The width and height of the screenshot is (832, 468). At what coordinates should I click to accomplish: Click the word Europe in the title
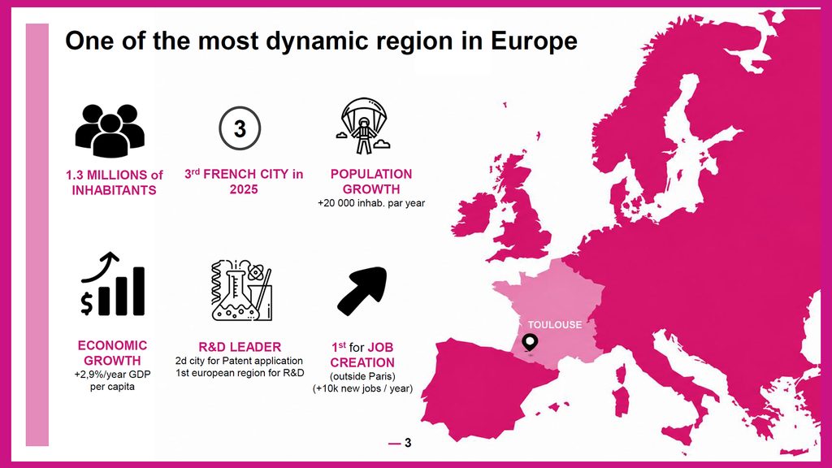[x=534, y=41]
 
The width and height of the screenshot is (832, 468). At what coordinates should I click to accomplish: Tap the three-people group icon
[x=110, y=131]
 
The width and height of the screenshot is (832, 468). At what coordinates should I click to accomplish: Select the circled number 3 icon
[x=240, y=128]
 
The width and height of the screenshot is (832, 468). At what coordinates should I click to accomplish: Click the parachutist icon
[x=363, y=126]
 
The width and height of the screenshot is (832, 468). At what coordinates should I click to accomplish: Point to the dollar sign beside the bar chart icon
[x=86, y=304]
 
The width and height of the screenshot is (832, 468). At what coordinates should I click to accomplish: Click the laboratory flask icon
[x=242, y=290]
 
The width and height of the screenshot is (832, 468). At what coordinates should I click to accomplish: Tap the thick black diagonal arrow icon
[x=362, y=291]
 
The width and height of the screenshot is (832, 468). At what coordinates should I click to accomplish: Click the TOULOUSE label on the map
[x=554, y=325]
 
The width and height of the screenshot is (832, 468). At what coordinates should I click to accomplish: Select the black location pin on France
[x=530, y=343]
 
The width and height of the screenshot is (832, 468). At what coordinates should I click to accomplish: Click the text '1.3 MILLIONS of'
[x=114, y=175]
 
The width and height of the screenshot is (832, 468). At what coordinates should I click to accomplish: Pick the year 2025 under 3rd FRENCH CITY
[x=244, y=189]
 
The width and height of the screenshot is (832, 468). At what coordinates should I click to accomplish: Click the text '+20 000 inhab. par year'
[x=370, y=202]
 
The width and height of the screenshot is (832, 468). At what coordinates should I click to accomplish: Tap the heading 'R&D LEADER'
[x=240, y=347]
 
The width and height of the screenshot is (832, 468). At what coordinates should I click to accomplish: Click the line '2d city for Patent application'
[x=240, y=361]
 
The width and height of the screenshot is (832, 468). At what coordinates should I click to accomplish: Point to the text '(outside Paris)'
[x=362, y=376]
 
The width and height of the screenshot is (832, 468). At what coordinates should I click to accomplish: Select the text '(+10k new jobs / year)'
[x=362, y=388]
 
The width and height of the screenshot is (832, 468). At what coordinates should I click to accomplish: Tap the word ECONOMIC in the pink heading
[x=112, y=345]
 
